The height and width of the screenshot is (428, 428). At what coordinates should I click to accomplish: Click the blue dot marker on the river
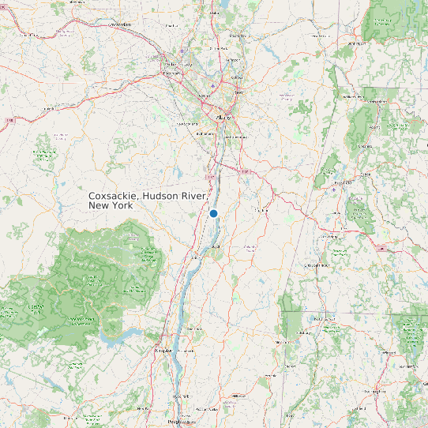click(213, 213)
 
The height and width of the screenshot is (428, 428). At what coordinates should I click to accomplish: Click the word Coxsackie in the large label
click(114, 196)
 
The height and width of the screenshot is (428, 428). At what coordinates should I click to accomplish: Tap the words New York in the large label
click(111, 205)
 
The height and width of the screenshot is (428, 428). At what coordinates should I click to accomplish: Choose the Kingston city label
click(163, 347)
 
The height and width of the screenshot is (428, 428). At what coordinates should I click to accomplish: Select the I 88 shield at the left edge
click(10, 120)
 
